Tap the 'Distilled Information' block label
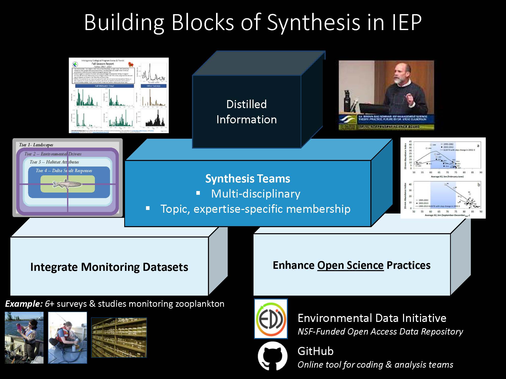tap(246, 112)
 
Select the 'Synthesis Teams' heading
tap(247, 179)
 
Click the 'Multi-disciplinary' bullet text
tap(256, 194)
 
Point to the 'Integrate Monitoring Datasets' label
tap(109, 267)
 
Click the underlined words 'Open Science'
tap(350, 265)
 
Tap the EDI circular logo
tap(271, 319)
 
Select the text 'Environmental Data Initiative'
tap(372, 318)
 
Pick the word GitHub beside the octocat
tap(315, 351)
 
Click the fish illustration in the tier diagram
tap(67, 184)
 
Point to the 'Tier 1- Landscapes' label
tap(36, 145)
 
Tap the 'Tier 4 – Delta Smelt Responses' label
tap(64, 171)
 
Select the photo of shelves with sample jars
tap(119, 338)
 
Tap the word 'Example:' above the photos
tap(24, 304)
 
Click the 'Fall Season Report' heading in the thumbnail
tap(103, 64)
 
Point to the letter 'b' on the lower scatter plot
tap(478, 185)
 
